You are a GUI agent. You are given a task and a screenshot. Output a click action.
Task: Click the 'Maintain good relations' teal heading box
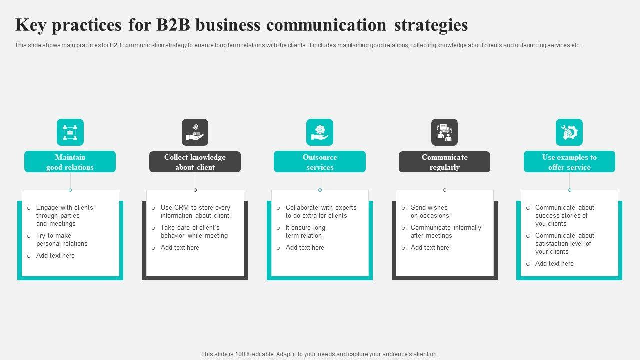coord(70,162)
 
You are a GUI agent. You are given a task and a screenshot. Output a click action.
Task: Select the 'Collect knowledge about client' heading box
coord(195,162)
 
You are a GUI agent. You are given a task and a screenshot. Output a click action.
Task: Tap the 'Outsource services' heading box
coord(320,162)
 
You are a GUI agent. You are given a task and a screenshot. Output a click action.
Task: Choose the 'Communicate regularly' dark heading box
coord(444,162)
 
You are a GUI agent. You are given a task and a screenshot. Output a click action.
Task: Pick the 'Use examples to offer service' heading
coord(569,162)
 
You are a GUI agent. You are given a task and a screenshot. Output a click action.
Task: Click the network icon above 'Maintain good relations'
coord(70,132)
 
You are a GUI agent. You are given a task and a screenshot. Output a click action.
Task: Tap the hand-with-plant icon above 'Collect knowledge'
coord(195,132)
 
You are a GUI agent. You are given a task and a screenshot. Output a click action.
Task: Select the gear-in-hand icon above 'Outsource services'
coord(320,132)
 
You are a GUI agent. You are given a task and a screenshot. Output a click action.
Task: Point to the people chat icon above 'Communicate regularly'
coord(444,132)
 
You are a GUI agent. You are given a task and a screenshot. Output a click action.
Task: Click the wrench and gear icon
coord(569,132)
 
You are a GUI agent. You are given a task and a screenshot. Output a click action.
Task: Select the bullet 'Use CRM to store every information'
coord(195,212)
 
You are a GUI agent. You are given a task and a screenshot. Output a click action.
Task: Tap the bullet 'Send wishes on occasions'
coord(430,212)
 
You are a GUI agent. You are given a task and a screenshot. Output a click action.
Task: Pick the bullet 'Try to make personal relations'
coord(62,240)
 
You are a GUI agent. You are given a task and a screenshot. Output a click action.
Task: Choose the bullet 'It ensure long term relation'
coord(305,232)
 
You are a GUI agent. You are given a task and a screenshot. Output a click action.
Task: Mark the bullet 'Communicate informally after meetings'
coord(446,232)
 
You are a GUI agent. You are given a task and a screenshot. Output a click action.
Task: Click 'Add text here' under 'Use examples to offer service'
coord(554,264)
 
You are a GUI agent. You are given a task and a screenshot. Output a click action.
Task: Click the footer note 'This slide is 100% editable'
coord(320,354)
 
